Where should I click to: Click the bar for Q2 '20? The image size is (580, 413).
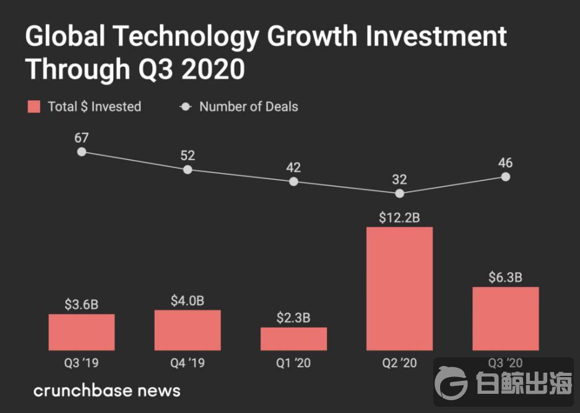(x=399, y=289)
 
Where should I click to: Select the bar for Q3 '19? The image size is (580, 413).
(x=82, y=332)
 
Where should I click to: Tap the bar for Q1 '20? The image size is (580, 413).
(x=293, y=339)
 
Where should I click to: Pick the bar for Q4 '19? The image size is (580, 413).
(x=188, y=330)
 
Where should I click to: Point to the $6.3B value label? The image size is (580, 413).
(x=505, y=277)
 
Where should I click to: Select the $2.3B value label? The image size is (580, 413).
(x=293, y=318)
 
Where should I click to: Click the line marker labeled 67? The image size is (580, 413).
(x=82, y=152)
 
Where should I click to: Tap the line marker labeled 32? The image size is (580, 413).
(x=399, y=194)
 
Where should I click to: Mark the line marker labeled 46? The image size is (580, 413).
(x=505, y=177)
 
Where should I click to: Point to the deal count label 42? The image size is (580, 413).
(x=293, y=168)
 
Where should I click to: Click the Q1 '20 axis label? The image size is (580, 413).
(x=293, y=364)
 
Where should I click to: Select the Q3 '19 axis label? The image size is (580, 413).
(x=82, y=364)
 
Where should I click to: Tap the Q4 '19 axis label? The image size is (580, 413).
(x=188, y=364)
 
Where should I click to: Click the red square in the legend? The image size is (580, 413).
(x=34, y=107)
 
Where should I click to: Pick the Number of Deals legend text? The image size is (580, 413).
(x=248, y=107)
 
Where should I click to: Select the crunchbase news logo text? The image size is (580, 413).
(x=106, y=391)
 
